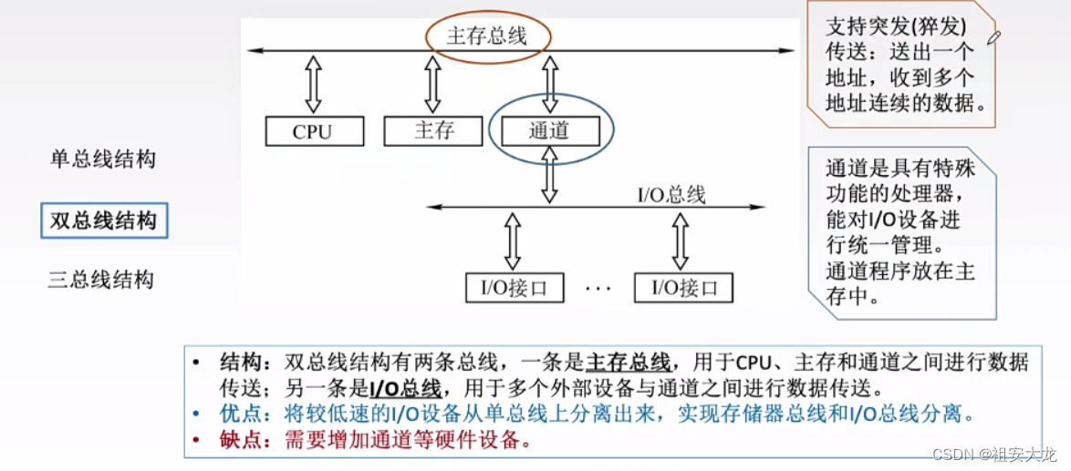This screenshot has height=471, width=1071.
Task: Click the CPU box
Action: point(313,131)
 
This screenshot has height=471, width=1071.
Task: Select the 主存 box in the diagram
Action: point(433,130)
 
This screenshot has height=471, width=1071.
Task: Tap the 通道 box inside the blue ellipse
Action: point(548,131)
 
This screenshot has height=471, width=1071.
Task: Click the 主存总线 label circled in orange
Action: point(487,37)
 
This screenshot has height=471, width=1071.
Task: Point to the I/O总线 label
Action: point(671,194)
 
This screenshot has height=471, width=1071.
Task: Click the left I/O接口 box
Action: point(515,288)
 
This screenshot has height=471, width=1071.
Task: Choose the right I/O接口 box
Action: point(683,288)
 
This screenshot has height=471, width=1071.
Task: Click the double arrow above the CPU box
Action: point(313,84)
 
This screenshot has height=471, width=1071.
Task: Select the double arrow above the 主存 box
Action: point(432,84)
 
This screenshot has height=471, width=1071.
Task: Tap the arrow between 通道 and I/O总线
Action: point(549,176)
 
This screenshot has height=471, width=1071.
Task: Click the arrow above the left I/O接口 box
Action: point(513,241)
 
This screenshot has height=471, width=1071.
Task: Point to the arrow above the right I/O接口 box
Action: point(680,241)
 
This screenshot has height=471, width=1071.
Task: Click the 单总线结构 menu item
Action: point(102,160)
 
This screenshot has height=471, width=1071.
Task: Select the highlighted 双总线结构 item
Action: point(104,220)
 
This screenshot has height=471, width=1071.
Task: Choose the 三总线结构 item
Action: point(101,280)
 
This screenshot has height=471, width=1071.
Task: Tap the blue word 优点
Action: point(240,414)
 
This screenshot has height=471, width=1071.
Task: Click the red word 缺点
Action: point(240,440)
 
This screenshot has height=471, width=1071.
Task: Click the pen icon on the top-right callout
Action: point(993,36)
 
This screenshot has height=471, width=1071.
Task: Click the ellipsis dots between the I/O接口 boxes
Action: point(598,288)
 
